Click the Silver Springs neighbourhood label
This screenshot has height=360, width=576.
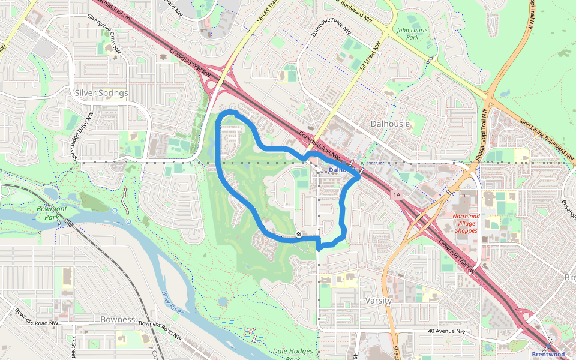(x=101, y=93)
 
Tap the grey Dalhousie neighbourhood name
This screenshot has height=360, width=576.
(x=390, y=124)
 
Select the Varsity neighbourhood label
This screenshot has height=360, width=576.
(x=379, y=300)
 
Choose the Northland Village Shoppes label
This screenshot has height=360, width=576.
(x=466, y=223)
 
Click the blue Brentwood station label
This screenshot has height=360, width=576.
(x=548, y=354)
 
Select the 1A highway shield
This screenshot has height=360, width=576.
(x=396, y=195)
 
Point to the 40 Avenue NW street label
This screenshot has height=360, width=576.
(x=447, y=331)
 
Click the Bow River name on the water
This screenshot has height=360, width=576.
(x=172, y=300)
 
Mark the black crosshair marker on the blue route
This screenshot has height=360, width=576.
(x=299, y=234)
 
